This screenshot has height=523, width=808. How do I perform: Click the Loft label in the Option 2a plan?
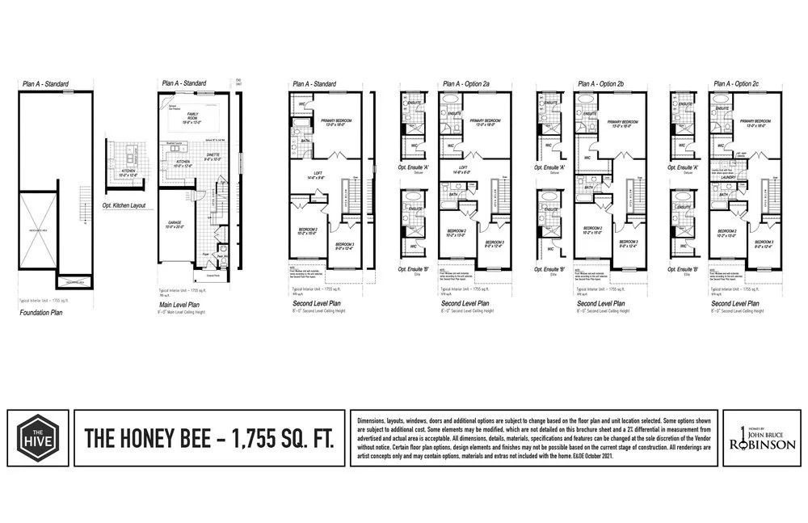(x=457, y=171)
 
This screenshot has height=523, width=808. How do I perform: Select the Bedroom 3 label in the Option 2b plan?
(x=628, y=243)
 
